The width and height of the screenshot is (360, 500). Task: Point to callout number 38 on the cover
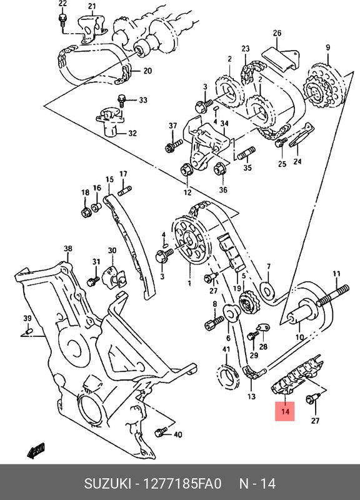[67, 249]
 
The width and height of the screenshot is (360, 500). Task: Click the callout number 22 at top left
[62, 4]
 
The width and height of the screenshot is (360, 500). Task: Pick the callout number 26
[277, 33]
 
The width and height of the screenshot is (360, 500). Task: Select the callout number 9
[326, 47]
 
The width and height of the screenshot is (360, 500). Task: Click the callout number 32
[132, 133]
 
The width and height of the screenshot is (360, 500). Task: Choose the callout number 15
[109, 179]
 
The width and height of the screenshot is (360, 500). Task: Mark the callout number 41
[226, 349]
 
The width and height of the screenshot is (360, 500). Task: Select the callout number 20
[147, 71]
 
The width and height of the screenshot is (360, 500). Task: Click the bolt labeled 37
[170, 148]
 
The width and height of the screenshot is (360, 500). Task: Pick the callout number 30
[112, 251]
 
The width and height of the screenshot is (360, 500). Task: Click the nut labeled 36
[220, 168]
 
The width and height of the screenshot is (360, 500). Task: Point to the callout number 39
[27, 318]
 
